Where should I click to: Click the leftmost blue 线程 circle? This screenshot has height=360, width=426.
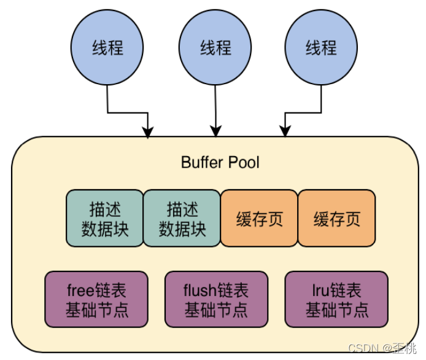coord(107,48)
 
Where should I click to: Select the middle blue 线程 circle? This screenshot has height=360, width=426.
coord(214,48)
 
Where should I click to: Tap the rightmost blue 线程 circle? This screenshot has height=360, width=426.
coord(321,48)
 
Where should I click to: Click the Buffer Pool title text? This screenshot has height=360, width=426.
coord(220,162)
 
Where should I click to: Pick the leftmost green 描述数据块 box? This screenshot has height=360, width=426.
coord(104,218)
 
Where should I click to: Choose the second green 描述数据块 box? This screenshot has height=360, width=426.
coord(182,218)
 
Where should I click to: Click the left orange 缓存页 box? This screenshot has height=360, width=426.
coord(259,218)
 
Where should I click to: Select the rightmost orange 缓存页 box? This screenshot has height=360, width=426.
coord(336,218)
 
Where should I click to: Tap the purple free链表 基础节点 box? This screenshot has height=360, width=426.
coord(98,299)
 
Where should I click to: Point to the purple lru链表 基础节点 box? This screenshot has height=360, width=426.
coord(337,299)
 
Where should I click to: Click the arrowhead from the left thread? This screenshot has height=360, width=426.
coord(148,131)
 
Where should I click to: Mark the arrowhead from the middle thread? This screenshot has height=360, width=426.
coord(215,131)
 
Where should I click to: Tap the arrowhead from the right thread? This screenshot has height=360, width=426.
coord(284,131)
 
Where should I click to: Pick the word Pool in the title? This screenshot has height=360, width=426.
coord(244,162)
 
